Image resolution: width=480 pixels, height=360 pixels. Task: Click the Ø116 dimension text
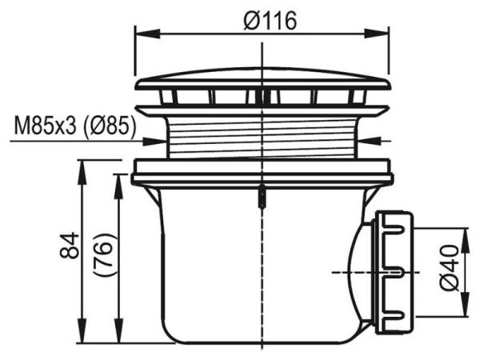tap(270, 22)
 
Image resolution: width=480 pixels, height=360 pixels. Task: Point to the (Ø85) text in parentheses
tap(108, 126)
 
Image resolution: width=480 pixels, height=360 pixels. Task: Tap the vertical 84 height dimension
tap(70, 246)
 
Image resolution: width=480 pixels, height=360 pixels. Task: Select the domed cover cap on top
tap(262, 79)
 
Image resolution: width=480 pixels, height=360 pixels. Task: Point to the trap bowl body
tap(240, 264)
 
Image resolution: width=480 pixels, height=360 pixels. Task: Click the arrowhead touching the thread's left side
tap(162, 142)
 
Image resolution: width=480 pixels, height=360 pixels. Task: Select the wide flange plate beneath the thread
tap(262, 169)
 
